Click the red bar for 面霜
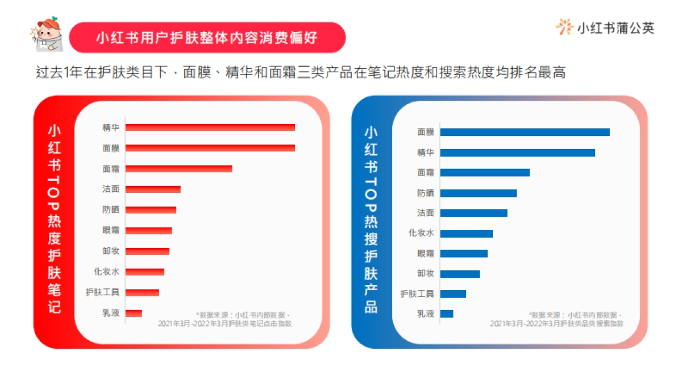tap(178, 168)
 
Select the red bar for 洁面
tap(153, 189)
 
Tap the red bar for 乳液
tap(134, 313)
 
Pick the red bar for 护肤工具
tap(142, 292)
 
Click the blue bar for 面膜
tap(525, 132)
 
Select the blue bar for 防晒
tap(479, 193)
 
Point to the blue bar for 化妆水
tap(466, 233)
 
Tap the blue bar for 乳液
tap(447, 313)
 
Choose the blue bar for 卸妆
tap(460, 274)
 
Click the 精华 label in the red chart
tap(111, 127)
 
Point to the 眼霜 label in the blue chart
tap(425, 253)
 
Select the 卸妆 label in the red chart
tap(111, 251)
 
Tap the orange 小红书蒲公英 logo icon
tap(564, 27)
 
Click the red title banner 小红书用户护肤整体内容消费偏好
tap(207, 38)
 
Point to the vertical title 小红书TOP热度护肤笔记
tap(54, 219)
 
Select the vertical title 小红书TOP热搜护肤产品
tap(371, 219)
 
